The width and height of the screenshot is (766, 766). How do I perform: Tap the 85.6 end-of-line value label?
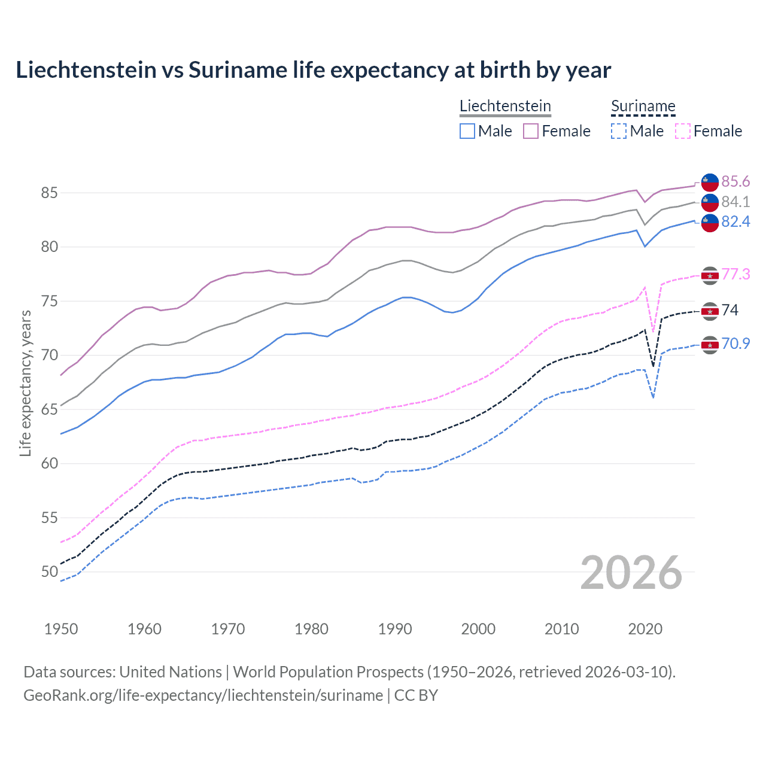coord(735,181)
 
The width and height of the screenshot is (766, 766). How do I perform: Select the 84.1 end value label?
coord(735,202)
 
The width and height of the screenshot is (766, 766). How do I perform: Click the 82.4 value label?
coord(735,221)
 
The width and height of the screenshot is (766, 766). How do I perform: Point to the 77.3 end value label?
coord(735,274)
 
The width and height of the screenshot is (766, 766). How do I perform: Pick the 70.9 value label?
coord(735,344)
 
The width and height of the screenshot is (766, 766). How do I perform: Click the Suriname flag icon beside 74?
coord(710,311)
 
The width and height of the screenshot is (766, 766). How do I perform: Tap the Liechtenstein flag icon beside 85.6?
coord(710,181)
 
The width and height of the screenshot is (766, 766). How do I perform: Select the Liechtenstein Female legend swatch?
coord(531,131)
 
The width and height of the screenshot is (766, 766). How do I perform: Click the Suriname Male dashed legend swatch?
coord(619,131)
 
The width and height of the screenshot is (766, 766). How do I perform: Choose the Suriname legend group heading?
coord(643,107)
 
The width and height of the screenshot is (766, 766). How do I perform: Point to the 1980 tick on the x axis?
coord(311,629)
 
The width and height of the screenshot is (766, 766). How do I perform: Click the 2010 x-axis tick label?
coord(561,629)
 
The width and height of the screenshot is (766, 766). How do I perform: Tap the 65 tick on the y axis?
coord(49,409)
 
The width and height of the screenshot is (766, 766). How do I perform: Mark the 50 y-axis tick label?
coord(49,572)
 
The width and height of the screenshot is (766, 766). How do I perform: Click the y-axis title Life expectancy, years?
coord(25,383)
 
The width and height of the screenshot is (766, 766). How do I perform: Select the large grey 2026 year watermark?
coord(631,573)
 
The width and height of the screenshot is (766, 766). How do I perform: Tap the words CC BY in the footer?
coord(416,695)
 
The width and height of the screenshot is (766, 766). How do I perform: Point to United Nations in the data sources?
coord(171,672)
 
